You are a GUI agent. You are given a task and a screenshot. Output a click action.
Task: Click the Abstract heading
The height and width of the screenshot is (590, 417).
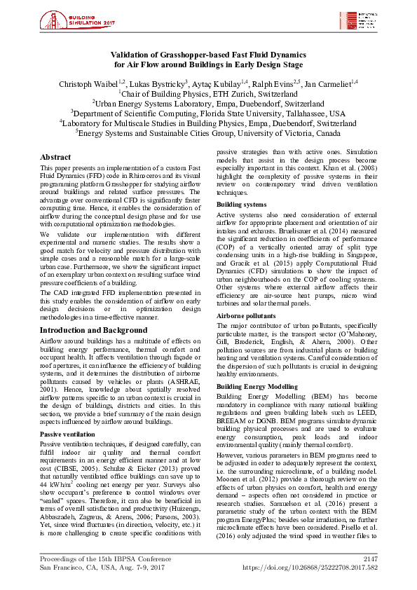click(x=55, y=158)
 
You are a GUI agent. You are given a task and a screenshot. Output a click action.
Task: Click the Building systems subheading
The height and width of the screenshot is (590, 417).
click(x=241, y=205)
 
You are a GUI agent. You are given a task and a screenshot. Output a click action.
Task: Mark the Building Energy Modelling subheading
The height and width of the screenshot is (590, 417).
click(x=257, y=386)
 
